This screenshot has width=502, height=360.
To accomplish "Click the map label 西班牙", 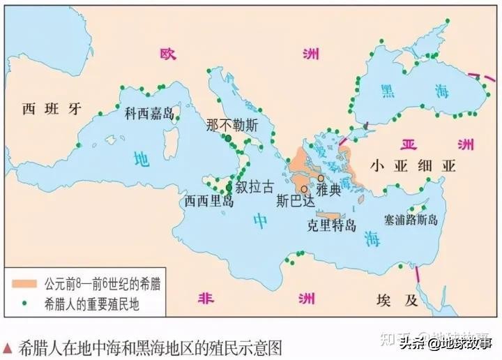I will (52, 108).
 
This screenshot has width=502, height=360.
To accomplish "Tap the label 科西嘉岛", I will (149, 113).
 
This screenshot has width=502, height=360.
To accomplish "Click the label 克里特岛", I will (332, 226).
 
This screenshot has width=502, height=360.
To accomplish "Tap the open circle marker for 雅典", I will (320, 179).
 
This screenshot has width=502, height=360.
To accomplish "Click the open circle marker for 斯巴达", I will (304, 188).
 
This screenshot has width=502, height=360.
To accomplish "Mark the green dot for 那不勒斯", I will (228, 139).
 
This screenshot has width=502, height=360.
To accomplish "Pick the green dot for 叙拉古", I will (229, 187).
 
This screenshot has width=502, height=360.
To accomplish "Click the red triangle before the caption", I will (7, 347).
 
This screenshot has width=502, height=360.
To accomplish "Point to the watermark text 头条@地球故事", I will (446, 342).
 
